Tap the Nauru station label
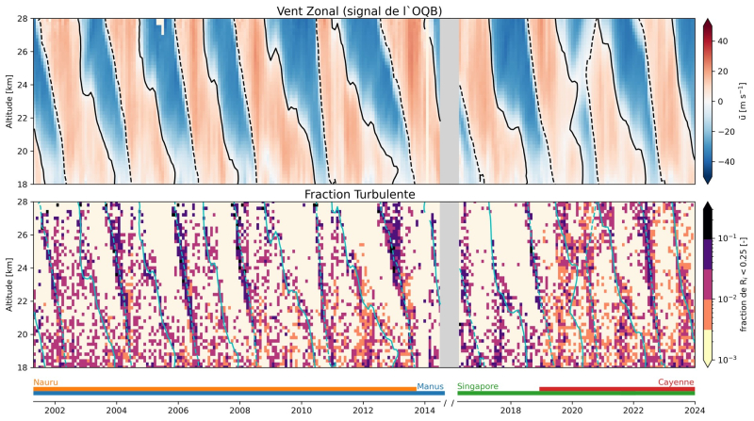click(x=45, y=382)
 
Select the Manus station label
click(x=430, y=386)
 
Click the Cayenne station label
click(x=676, y=382)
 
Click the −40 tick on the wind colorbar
click(x=729, y=162)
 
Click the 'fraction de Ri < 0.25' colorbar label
click(x=745, y=283)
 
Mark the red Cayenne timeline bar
click(x=616, y=388)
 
